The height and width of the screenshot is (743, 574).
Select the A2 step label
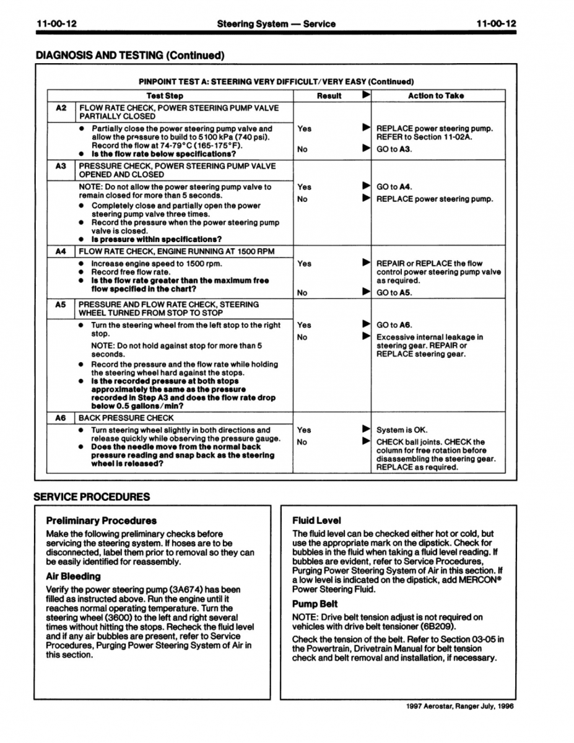(x=61, y=108)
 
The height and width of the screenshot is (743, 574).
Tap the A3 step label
(x=61, y=166)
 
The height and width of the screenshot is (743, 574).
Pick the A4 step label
(x=61, y=251)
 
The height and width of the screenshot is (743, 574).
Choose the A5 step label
(x=61, y=305)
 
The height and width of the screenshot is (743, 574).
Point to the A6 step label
(x=61, y=418)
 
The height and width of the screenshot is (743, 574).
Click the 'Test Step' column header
(x=165, y=96)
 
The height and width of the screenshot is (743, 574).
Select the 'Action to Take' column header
(x=435, y=96)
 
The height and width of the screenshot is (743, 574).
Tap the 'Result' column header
(x=329, y=96)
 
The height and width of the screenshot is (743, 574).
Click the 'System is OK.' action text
(x=402, y=430)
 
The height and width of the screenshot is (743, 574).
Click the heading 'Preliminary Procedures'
(x=102, y=521)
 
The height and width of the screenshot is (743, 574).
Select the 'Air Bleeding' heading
(x=73, y=576)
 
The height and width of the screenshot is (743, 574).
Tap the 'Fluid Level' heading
(x=316, y=521)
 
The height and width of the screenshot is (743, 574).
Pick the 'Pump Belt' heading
(x=315, y=604)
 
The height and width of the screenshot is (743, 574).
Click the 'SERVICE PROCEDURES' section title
(x=92, y=497)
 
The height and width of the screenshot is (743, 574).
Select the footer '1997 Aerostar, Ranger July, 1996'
(x=460, y=706)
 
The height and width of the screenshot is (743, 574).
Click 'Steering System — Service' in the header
(x=276, y=24)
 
